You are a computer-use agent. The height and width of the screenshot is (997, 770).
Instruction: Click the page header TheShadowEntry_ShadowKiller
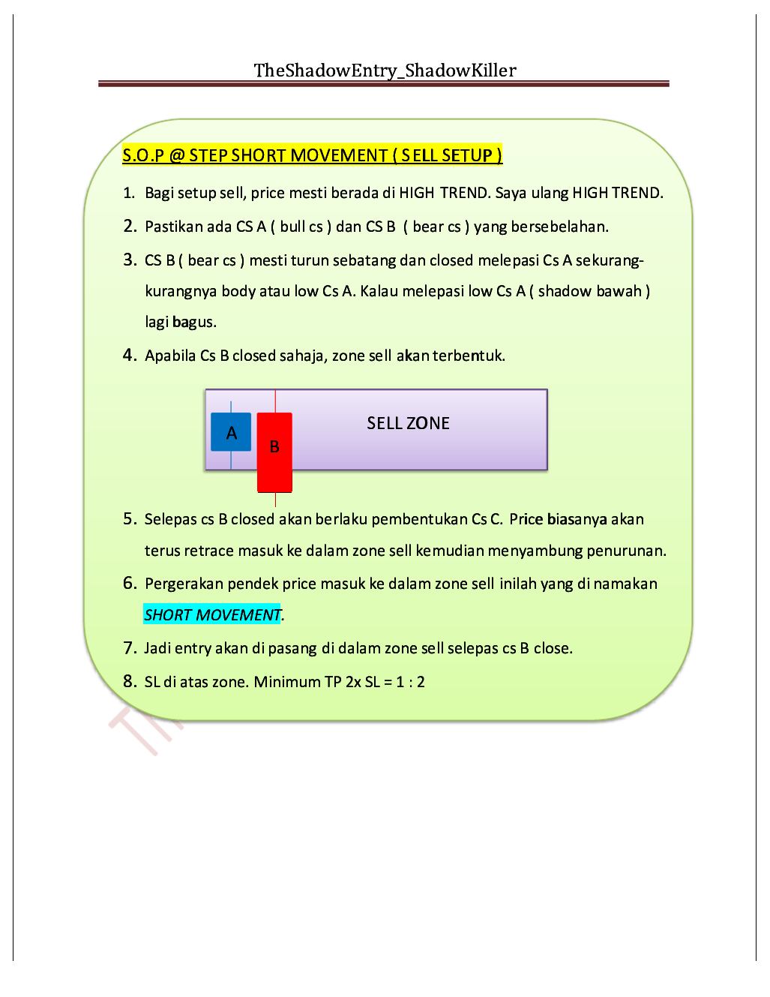coord(385,71)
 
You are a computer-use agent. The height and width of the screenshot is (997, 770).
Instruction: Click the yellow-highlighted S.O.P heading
coord(312,155)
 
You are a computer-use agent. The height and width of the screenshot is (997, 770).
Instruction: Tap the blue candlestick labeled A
coord(231,432)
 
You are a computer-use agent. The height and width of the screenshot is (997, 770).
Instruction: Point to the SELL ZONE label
coord(408,423)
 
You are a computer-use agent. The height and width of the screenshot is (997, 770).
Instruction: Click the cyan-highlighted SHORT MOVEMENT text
coord(212,615)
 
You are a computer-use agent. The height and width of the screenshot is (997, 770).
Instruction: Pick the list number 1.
coord(129,194)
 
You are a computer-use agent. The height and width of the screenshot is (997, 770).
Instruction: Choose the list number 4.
coord(129,355)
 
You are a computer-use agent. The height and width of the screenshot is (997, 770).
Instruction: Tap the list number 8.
coord(129,682)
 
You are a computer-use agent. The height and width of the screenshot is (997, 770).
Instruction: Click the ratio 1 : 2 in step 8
coord(409,682)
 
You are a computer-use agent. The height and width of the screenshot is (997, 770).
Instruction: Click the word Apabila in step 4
coord(170,356)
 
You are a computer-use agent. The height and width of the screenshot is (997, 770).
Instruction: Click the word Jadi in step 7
coord(157,648)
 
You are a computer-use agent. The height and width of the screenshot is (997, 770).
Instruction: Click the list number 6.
coord(129,583)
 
